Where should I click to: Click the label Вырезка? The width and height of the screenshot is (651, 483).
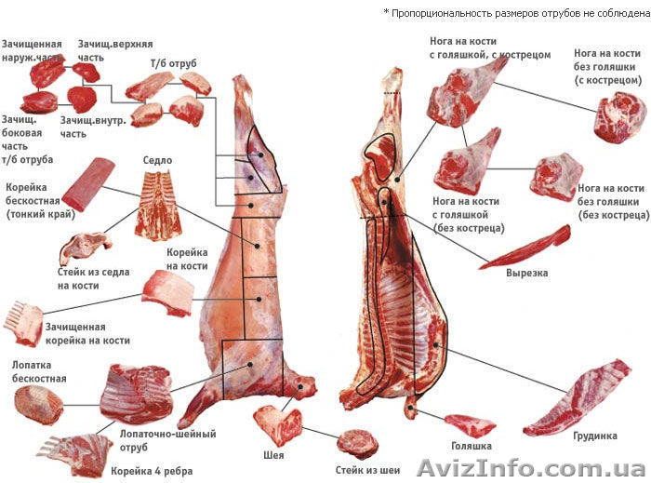(526, 274)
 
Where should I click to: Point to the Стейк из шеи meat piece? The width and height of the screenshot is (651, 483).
(357, 443)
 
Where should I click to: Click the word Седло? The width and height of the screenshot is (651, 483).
(157, 160)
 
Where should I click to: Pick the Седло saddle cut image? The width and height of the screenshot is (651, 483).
(155, 205)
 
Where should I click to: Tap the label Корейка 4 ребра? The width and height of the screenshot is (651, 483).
(152, 471)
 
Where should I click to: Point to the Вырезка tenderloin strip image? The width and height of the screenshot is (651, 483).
(525, 247)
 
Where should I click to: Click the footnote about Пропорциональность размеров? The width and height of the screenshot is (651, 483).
(515, 12)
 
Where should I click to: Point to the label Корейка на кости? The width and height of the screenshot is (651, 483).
(186, 260)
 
